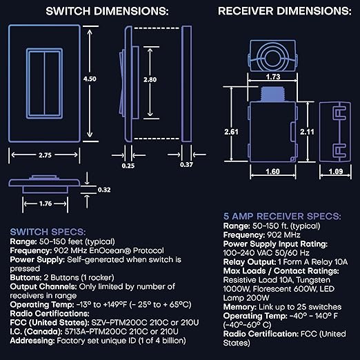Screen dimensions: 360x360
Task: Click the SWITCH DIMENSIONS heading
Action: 106,12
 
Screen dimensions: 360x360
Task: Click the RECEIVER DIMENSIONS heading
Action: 284,12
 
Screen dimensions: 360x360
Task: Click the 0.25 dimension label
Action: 128,165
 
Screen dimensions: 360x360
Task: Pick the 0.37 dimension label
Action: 186,165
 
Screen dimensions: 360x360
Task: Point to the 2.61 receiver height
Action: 232,132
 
